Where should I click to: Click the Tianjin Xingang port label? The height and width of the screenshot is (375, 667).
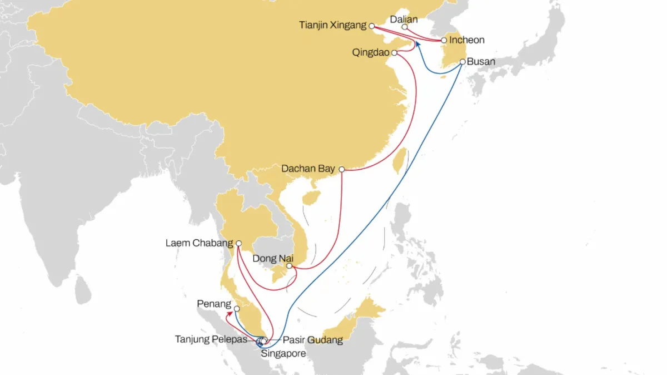pos(332,25)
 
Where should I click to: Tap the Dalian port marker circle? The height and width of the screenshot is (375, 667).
pos(405,27)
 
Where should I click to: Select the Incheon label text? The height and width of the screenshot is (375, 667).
pos(467,40)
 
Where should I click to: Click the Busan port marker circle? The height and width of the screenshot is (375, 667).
pos(462,62)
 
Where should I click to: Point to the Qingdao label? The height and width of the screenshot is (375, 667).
pos(371,53)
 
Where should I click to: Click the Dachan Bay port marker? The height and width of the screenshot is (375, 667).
pos(342,169)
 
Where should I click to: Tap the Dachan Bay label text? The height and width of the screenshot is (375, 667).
pos(308,168)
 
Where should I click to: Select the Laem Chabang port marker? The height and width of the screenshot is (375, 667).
pos(238,243)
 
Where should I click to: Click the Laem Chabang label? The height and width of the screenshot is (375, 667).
pos(200,243)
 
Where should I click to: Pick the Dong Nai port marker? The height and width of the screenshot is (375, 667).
pos(289,266)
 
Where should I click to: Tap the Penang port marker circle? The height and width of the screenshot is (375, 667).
pos(237,309)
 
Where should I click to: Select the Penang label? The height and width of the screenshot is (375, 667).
pos(214,304)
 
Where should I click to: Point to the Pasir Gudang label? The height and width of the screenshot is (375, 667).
pos(312,340)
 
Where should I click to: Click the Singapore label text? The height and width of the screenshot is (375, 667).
pos(283,353)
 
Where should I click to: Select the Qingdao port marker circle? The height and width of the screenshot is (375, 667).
pos(394,53)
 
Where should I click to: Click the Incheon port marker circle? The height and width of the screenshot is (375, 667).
pos(444,40)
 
